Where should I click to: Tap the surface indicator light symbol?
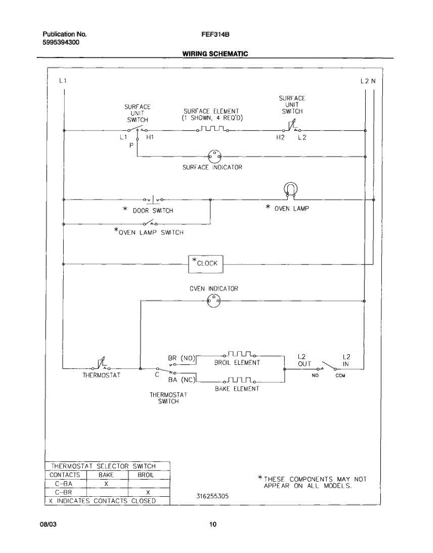coord(214,157)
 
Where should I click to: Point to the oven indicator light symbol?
coord(214,301)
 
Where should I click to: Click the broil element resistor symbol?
coord(239,354)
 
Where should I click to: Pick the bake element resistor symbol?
coord(239,380)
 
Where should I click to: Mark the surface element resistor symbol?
coord(213,129)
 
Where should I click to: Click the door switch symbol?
coord(153,200)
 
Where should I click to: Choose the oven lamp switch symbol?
coord(150,223)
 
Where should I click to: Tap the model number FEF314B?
coord(215,35)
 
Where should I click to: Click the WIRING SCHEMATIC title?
coord(215,54)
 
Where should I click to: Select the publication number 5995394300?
coord(61,42)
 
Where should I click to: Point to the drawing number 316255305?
coord(213,496)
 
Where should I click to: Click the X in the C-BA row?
coord(107,484)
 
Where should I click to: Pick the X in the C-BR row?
coord(148,493)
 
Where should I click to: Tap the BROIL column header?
coord(146,475)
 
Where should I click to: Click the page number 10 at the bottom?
coord(213,524)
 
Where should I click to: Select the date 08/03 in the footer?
coord(48,524)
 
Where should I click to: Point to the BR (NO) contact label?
coord(181,358)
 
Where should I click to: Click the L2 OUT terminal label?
coord(304,360)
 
